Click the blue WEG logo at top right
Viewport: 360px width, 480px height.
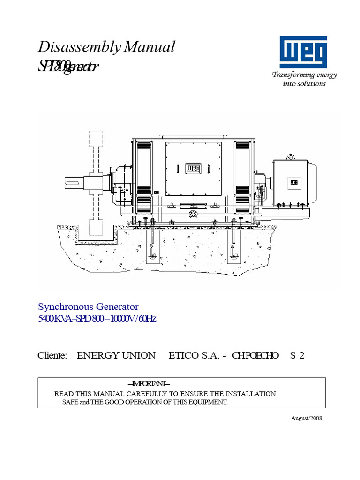304,52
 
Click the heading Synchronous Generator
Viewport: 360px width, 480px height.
88,307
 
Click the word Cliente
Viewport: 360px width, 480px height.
52,355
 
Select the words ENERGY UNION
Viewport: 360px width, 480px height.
116,355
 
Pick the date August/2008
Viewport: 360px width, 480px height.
307,418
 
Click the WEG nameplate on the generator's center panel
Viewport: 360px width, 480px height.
193,168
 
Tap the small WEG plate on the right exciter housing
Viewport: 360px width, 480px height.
294,182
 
